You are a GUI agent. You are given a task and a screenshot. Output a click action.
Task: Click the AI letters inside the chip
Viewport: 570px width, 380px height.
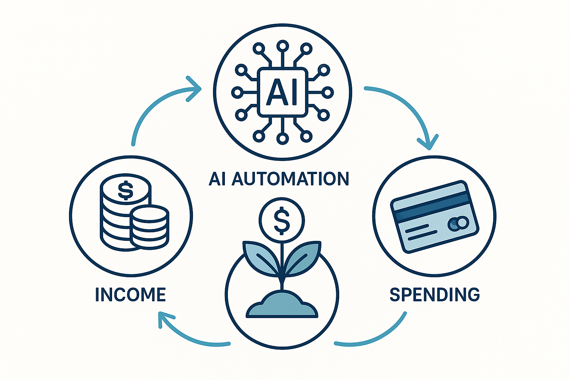(282, 92)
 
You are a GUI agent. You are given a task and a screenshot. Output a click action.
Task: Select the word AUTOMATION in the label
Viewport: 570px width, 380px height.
(291, 179)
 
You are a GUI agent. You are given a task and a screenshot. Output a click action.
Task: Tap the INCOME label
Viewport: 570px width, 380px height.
(130, 295)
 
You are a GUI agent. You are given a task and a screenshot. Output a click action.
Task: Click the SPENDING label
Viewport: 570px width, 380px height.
(435, 294)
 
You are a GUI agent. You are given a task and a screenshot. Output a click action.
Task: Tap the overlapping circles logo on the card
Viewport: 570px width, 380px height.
(458, 223)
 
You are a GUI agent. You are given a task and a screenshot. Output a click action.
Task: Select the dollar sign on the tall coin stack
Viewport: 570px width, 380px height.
(125, 190)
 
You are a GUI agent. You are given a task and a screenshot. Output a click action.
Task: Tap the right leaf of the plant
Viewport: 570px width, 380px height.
(304, 257)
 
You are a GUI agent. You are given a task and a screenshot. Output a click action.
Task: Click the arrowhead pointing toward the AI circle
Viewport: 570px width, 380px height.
(194, 88)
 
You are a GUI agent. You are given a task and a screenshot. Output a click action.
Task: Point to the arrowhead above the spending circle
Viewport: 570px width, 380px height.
(428, 142)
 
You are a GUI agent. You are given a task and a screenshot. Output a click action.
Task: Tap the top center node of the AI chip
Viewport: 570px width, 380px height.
(282, 46)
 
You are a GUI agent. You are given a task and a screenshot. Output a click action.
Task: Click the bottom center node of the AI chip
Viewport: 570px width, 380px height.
(282, 138)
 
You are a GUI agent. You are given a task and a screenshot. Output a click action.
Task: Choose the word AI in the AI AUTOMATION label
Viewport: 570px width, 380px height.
(218, 179)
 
